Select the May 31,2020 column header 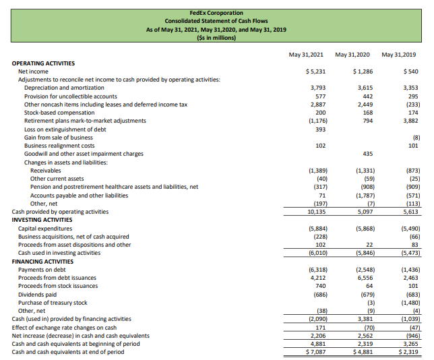(x=353, y=54)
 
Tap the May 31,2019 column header (x=398, y=54)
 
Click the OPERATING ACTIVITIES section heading (x=44, y=63)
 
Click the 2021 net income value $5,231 (x=315, y=71)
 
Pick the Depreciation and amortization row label (x=64, y=88)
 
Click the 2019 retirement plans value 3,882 (x=406, y=121)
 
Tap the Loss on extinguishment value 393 (x=320, y=129)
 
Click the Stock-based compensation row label (x=59, y=113)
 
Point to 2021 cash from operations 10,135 (x=317, y=211)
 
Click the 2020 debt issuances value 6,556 (x=363, y=277)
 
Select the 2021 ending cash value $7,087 (x=315, y=351)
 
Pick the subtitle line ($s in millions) (x=216, y=38)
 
